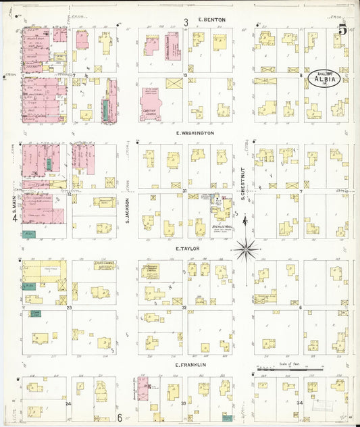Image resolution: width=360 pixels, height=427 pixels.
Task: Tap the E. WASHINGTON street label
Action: click(x=195, y=133)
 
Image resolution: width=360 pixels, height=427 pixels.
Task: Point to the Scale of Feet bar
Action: click(x=289, y=370)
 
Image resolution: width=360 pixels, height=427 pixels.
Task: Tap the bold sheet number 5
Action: click(x=343, y=30)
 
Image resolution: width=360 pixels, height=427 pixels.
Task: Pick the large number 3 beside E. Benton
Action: click(x=186, y=22)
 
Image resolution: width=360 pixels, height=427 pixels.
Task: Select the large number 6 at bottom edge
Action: click(x=120, y=418)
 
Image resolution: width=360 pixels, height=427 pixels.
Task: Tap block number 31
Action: click(x=184, y=191)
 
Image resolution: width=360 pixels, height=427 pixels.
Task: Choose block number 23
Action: click(x=70, y=307)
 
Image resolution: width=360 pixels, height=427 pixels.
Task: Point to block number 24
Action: click(x=68, y=403)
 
